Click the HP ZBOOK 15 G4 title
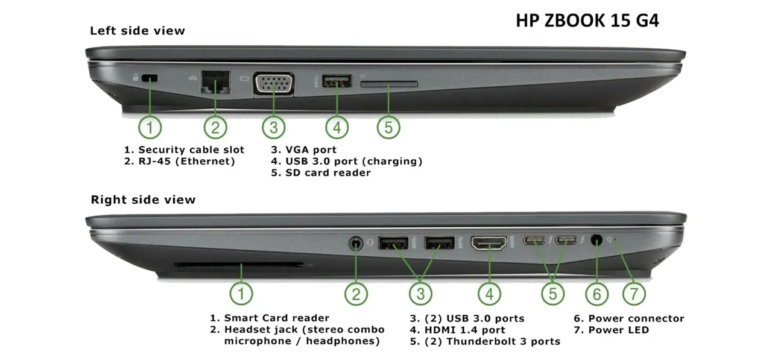coord(587,21)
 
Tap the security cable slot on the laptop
coord(150,78)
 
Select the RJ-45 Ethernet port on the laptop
coord(215,82)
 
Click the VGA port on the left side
coord(274,83)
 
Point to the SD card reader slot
coord(389,84)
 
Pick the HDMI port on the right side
coord(489,242)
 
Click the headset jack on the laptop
coord(356,243)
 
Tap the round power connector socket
coord(596,239)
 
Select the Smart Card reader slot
coord(239,265)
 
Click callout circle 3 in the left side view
coord(274,127)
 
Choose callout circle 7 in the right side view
coord(634,294)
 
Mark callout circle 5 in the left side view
coord(388,127)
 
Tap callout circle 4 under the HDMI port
coord(489,294)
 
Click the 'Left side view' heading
coord(138,31)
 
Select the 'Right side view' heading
coord(143,200)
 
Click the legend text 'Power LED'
coord(619,330)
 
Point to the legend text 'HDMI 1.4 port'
coord(464,330)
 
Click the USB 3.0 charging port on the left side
coord(337,81)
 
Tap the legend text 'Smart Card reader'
coord(276,318)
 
